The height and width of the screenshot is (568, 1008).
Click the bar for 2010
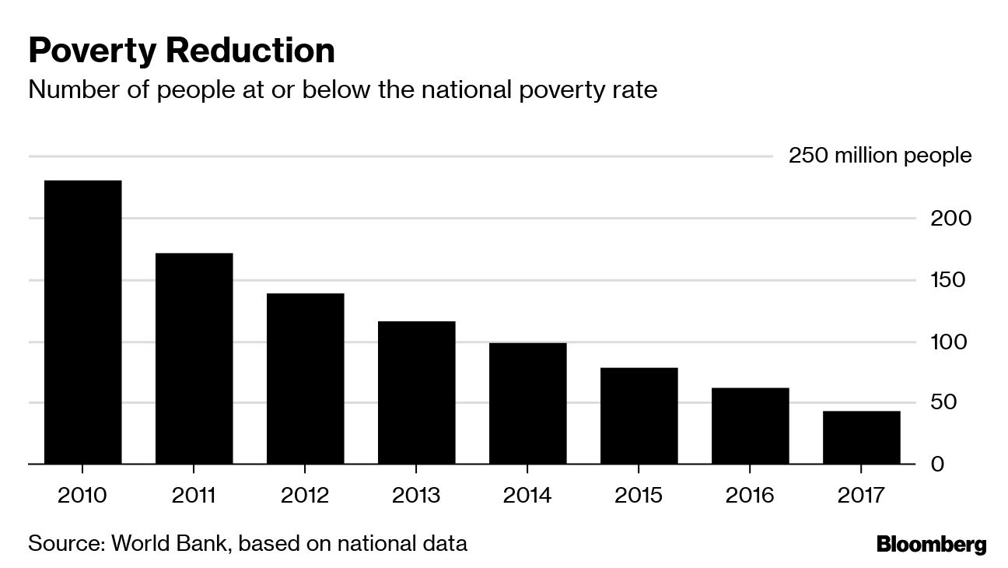[x=82, y=322]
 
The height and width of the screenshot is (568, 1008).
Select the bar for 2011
[x=194, y=359]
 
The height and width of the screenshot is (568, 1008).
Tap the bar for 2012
[x=305, y=379]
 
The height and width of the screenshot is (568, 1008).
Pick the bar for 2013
[x=416, y=393]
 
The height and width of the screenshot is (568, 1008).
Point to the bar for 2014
[x=527, y=403]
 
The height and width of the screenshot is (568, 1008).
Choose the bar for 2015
[x=639, y=415]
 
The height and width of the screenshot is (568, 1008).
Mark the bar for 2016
[x=750, y=426]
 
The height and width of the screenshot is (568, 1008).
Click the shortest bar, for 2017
[x=861, y=437]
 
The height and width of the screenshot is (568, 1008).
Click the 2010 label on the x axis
[x=82, y=496]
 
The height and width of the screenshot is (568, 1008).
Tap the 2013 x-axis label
[x=416, y=496]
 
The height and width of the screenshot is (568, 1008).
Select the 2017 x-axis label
[x=861, y=496]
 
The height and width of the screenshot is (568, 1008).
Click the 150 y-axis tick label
[x=947, y=280]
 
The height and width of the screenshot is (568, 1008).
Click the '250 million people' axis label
[x=880, y=156]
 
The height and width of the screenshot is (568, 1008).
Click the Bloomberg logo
[x=931, y=544]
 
